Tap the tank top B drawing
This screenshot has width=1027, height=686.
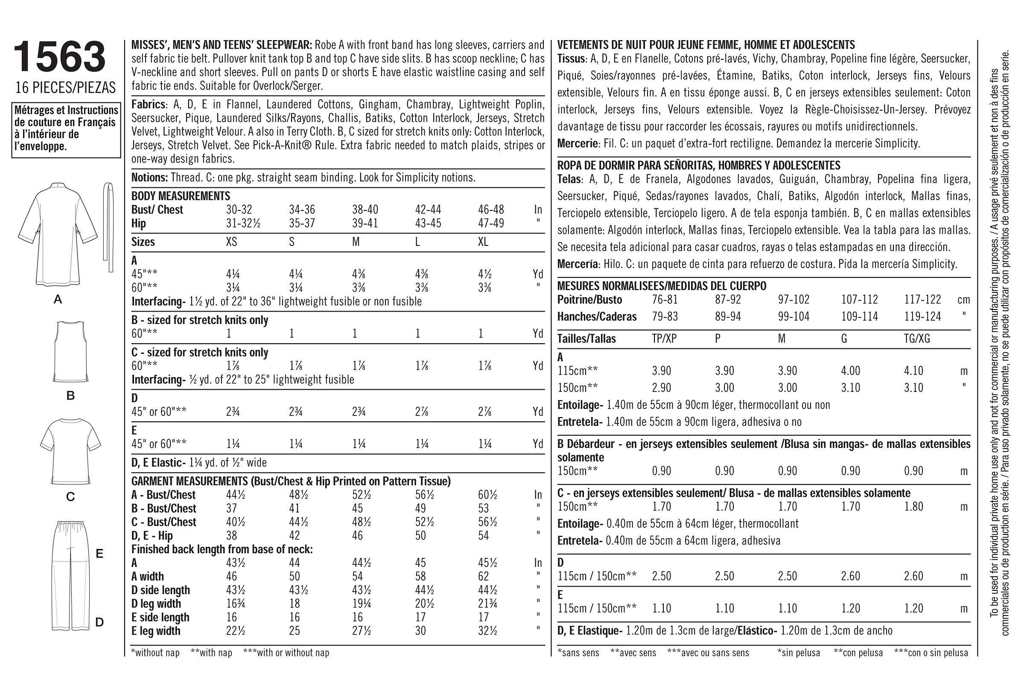pos(70,352)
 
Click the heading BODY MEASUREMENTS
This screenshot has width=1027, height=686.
pos(181,196)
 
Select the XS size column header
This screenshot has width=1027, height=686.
pos(231,242)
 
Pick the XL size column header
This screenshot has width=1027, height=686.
pos(483,242)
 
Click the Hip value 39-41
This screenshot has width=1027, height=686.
pos(365,224)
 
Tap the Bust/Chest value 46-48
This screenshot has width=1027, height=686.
pos(491,210)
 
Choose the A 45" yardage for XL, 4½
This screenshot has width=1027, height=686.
pos(484,274)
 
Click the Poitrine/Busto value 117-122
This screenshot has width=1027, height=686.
pos(922,300)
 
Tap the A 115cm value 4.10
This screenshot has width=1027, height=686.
pos(914,371)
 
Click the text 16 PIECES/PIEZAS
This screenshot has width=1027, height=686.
pos(66,88)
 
